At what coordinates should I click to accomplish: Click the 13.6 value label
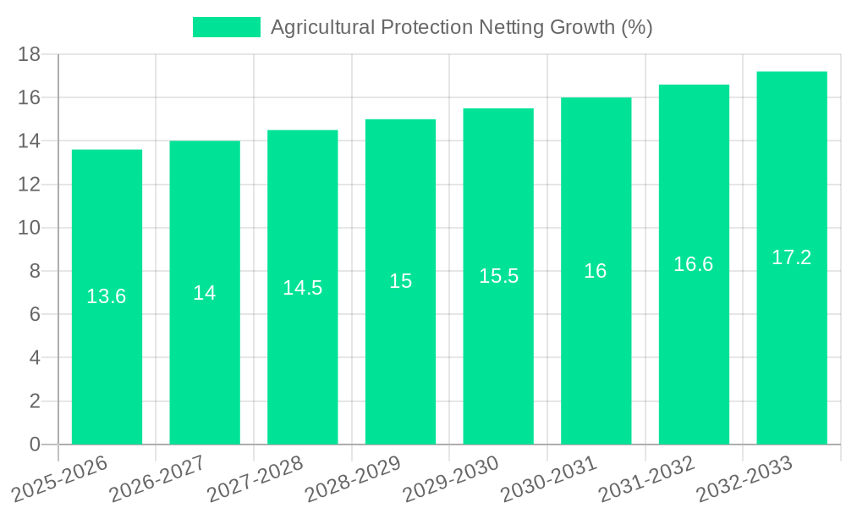[107, 296]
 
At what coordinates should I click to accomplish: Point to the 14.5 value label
[302, 288]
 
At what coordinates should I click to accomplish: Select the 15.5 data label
[498, 276]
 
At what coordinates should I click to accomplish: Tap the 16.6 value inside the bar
[694, 264]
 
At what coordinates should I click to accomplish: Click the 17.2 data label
[792, 258]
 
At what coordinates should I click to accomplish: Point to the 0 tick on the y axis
[35, 444]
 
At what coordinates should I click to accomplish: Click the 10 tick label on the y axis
[30, 228]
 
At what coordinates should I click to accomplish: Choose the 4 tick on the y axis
[35, 358]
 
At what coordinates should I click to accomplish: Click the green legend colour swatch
[226, 27]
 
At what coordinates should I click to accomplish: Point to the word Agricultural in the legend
[322, 27]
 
